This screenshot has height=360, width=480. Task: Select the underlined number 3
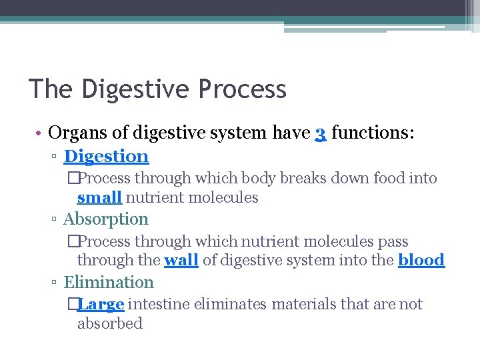point(320,133)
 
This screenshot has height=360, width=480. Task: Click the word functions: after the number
point(373,133)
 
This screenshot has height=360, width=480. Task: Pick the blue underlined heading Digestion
point(106,157)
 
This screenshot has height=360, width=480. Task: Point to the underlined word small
point(99,197)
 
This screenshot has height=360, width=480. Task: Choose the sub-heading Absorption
point(105,219)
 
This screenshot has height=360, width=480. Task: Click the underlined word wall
point(181,260)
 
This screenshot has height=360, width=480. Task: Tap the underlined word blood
point(421,260)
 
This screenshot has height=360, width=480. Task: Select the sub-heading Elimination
point(108,283)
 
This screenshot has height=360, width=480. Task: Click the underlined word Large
point(101,305)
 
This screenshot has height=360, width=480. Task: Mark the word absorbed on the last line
point(110,324)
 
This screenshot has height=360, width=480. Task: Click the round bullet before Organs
point(39,133)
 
